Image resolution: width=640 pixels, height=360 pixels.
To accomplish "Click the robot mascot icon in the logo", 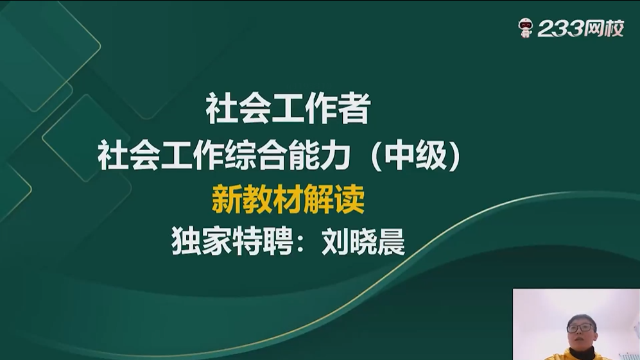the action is [525, 28].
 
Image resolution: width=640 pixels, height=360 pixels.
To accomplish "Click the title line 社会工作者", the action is [288, 108].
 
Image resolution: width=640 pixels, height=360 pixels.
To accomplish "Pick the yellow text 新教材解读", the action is [288, 199].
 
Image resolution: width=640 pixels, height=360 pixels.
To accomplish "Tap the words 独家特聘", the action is [232, 242].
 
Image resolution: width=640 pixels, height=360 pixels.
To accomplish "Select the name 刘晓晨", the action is [363, 242].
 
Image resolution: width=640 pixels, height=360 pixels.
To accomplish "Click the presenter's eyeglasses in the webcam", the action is [581, 327].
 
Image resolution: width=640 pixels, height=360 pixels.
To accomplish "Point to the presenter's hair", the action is [581, 319].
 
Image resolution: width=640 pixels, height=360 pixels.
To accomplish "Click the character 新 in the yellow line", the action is [227, 199].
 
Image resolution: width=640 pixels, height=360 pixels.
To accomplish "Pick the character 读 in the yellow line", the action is [350, 199].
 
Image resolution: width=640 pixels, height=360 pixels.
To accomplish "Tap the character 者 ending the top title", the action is [355, 108].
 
